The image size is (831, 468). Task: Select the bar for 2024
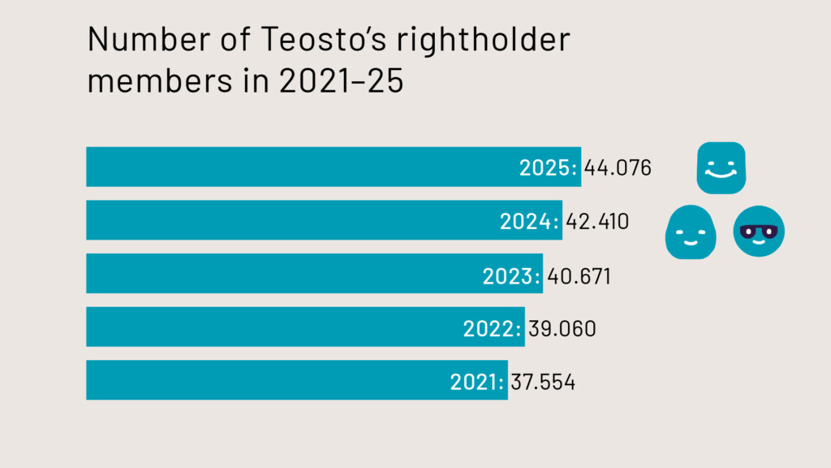click(x=292, y=220)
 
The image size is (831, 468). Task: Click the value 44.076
click(x=618, y=168)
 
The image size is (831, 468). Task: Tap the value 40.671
click(x=578, y=275)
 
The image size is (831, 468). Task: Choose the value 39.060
click(x=562, y=328)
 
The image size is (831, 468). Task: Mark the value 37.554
click(x=543, y=381)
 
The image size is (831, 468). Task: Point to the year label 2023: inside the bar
click(x=511, y=275)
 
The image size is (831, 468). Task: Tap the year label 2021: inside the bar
click(x=478, y=381)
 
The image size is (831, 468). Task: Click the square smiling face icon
click(x=721, y=167)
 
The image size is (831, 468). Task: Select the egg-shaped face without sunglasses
click(x=691, y=232)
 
